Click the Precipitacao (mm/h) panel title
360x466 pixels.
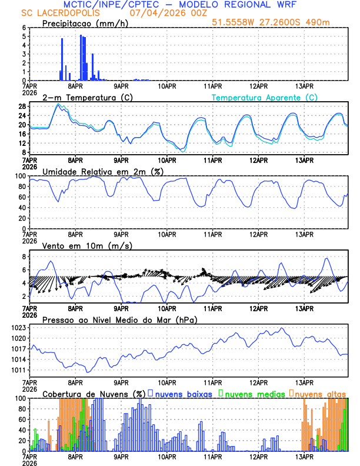click(85, 24)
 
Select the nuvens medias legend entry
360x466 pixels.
click(251, 394)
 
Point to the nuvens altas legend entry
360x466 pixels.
click(321, 394)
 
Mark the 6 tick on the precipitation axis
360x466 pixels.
click(24, 28)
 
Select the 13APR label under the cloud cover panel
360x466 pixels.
click(304, 456)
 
